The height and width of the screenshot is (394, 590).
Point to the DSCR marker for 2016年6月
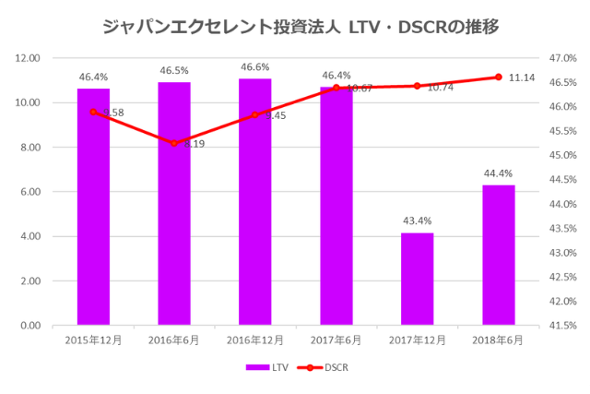click(x=174, y=143)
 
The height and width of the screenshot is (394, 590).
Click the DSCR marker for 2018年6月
click(x=498, y=78)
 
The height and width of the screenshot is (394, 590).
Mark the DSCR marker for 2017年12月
click(x=417, y=86)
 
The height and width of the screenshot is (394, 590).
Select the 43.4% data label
click(x=417, y=221)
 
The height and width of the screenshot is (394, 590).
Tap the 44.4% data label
click(x=498, y=173)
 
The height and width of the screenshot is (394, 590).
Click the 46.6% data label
click(x=255, y=67)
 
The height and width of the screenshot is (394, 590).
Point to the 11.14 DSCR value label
click(x=523, y=78)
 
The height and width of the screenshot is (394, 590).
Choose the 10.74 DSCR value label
click(x=441, y=88)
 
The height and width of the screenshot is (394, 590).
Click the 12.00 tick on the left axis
click(x=29, y=58)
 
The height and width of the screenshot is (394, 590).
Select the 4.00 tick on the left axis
click(x=30, y=236)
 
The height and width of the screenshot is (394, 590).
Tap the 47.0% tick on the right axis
click(x=561, y=58)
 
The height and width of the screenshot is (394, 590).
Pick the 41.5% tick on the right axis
click(x=561, y=325)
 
